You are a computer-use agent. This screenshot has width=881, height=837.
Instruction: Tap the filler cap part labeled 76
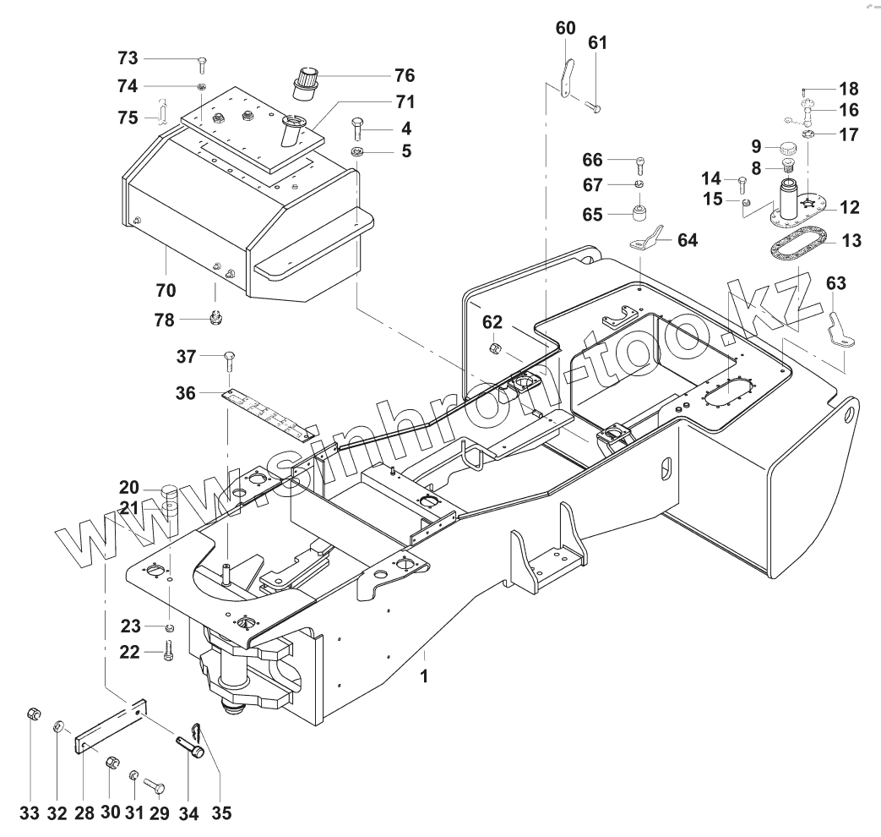tap(305, 79)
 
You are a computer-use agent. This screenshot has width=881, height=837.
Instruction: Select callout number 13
tap(851, 242)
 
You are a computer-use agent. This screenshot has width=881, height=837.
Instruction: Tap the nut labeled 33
tap(30, 714)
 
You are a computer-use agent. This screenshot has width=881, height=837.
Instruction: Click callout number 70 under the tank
tap(166, 290)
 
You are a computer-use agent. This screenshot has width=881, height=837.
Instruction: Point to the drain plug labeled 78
tap(215, 320)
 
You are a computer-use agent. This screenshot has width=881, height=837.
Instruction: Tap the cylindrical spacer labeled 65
tap(643, 208)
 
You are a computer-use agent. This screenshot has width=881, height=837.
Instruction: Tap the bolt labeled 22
tap(168, 652)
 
